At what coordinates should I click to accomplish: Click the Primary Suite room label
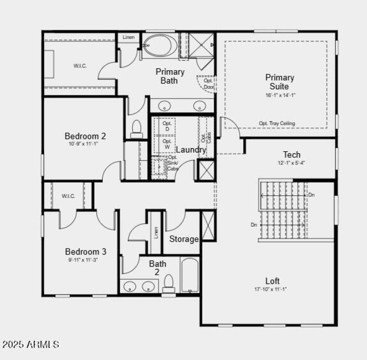click(x=279, y=82)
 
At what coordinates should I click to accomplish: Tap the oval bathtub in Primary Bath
click(x=158, y=45)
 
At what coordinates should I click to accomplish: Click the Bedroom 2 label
click(x=85, y=136)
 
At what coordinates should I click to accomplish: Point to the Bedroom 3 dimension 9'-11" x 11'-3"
click(x=85, y=260)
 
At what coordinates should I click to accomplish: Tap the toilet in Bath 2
click(x=169, y=284)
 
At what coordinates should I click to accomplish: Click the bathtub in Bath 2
click(x=189, y=275)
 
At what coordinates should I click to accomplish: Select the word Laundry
click(x=191, y=150)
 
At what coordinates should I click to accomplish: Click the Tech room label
click(x=292, y=155)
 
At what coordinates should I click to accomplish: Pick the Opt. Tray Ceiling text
click(x=277, y=123)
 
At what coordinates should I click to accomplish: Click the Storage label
click(x=183, y=239)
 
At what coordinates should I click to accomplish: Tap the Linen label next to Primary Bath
click(x=128, y=37)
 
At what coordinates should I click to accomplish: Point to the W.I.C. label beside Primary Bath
click(x=80, y=66)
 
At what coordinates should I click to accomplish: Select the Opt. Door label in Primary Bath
click(x=208, y=83)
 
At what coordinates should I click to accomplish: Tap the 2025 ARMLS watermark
click(x=31, y=344)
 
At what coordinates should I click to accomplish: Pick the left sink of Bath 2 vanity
click(x=130, y=287)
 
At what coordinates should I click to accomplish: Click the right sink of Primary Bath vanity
click(x=200, y=106)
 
